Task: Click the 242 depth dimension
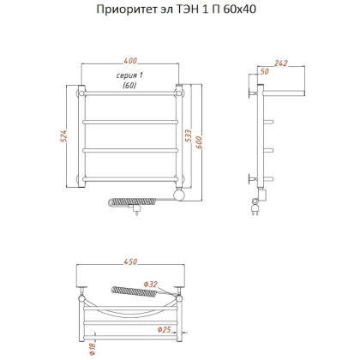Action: (x=281, y=62)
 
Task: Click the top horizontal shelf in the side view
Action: (x=283, y=87)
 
